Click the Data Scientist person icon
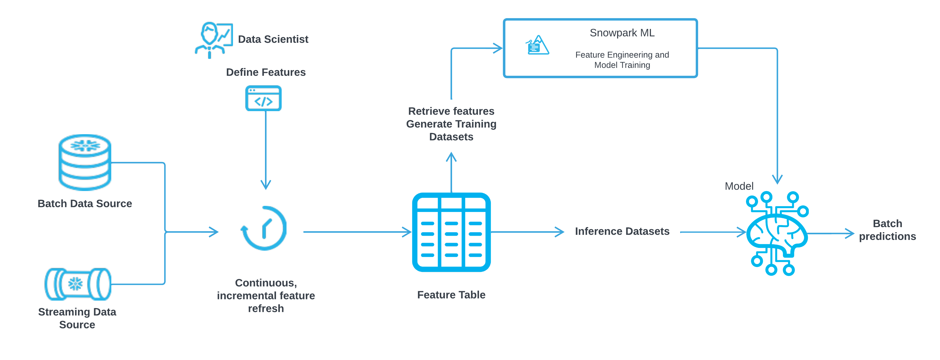tap(213, 40)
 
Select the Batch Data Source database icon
tap(85, 162)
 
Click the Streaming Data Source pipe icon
tap(78, 284)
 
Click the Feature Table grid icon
tap(451, 232)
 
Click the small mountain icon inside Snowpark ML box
tap(537, 45)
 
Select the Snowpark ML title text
tap(622, 33)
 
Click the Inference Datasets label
tap(622, 231)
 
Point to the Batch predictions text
tap(887, 230)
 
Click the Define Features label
tap(266, 72)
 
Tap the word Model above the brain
tap(739, 186)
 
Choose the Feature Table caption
tap(451, 295)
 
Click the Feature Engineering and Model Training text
tap(622, 60)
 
